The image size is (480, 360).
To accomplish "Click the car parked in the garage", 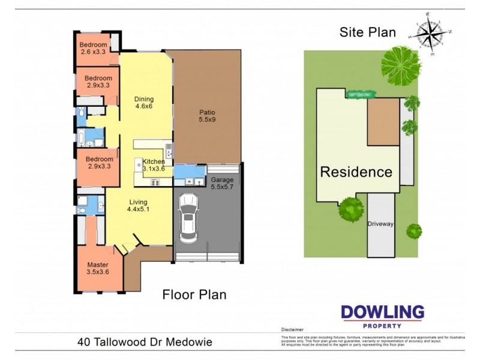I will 190,219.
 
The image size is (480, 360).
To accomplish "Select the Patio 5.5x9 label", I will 207,116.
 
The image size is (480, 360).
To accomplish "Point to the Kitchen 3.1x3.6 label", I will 153,166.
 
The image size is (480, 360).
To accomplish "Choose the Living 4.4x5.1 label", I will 137,206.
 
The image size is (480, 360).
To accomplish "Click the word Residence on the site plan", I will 356,172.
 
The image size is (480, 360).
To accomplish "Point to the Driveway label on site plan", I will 380,224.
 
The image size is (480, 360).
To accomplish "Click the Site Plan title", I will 367,32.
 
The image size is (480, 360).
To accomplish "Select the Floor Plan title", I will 194,295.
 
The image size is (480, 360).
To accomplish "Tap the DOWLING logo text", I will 382,312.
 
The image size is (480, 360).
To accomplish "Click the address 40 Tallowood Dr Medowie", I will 145,343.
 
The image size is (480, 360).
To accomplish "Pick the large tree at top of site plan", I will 400,62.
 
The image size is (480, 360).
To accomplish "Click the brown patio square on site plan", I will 383,122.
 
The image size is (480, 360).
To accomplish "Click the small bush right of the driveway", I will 414,231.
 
